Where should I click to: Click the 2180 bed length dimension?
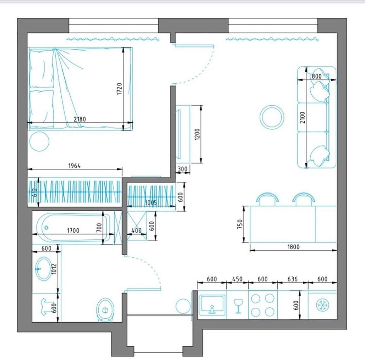click(80, 119)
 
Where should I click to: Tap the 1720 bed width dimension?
click(119, 89)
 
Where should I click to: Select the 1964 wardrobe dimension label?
click(75, 166)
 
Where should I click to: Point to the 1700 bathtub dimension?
click(73, 230)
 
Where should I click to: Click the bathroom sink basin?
click(44, 268)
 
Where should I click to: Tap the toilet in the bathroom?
click(105, 310)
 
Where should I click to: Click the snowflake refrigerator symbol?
click(322, 305)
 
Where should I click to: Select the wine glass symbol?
click(238, 306)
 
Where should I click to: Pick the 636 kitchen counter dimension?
click(293, 279)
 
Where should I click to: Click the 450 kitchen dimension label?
click(238, 279)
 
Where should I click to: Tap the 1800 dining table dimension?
click(294, 247)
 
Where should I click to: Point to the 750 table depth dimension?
click(240, 224)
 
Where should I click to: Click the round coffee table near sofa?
click(272, 117)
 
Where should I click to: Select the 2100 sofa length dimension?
click(303, 118)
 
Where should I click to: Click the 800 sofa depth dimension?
click(317, 76)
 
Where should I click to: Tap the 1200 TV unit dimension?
click(197, 134)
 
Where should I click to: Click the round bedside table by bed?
click(39, 141)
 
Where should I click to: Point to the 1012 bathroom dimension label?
click(54, 269)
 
